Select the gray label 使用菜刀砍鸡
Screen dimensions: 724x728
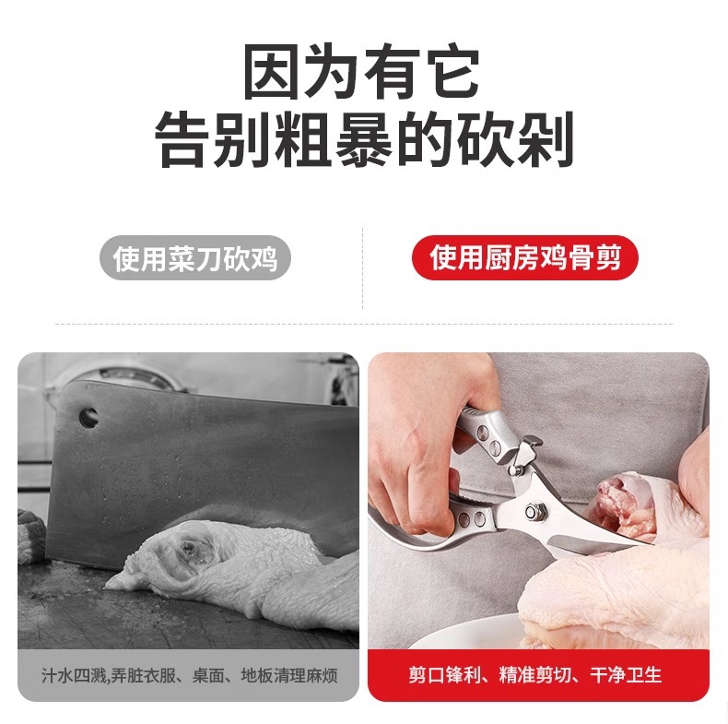[194, 258]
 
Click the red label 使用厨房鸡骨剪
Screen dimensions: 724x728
[524, 258]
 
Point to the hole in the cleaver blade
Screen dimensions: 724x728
[88, 417]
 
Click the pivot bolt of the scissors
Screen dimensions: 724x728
[533, 510]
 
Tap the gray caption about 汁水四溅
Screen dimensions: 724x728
[188, 675]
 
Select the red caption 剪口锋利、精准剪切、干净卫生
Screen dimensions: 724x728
[537, 675]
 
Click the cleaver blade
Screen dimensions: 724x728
[184, 461]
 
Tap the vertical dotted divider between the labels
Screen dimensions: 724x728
[362, 267]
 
